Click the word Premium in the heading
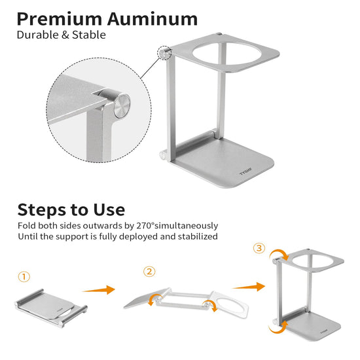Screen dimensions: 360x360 point(60,19)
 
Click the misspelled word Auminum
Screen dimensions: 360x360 point(153,19)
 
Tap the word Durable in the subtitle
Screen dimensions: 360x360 point(38,35)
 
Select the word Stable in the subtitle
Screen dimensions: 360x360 point(89,35)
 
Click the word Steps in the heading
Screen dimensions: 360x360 point(41,210)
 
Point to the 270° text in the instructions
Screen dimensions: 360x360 point(145,226)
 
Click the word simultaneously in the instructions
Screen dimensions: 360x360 point(186,226)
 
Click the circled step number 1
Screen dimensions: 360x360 point(24,277)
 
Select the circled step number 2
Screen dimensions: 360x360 point(149,272)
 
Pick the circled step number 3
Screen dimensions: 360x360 point(259,248)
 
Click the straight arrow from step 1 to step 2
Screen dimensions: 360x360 point(98,290)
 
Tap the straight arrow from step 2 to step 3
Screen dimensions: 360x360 point(249,287)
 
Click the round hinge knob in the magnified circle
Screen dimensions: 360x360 point(122,106)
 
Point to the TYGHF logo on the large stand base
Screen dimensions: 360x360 point(245,171)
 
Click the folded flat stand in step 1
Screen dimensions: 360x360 point(51,308)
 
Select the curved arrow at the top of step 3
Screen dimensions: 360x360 point(278,254)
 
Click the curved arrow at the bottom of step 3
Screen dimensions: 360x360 point(277,328)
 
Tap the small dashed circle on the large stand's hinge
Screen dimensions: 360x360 point(164,53)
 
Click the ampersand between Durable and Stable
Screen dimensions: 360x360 point(65,35)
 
